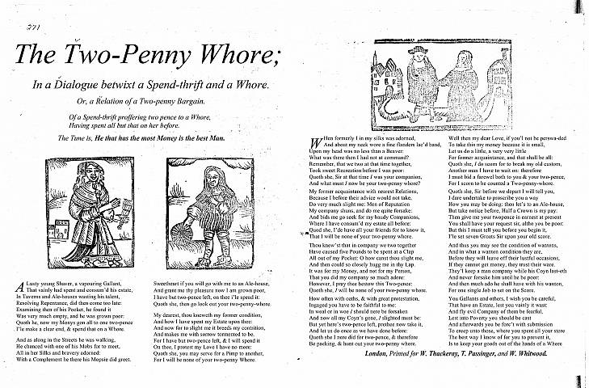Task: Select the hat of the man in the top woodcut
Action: tap(418, 49)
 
